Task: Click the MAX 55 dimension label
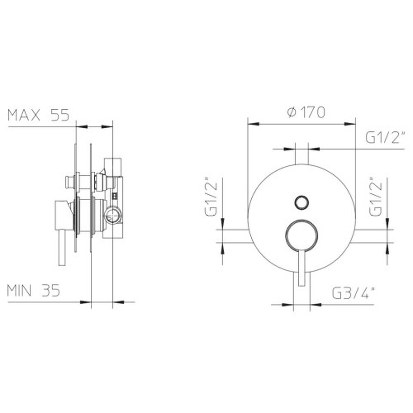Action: coord(38,115)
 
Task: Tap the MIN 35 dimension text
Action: coord(34,290)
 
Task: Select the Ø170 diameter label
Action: coord(306,112)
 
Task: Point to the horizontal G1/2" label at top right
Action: coord(385,138)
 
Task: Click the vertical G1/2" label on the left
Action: coord(211,197)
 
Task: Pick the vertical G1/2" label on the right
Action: coord(376,197)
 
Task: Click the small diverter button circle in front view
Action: coord(302,202)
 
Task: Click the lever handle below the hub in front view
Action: coord(302,268)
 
